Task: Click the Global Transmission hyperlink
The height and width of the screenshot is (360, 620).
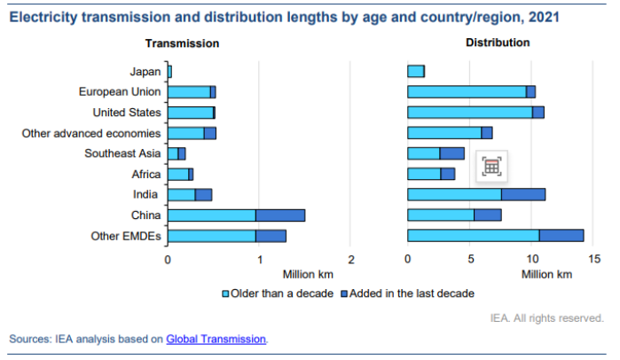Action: coord(216,339)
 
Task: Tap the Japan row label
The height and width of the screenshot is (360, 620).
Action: coord(145,71)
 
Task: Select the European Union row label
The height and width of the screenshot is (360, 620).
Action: coord(120,91)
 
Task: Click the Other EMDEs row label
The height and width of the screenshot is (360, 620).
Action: coord(126,236)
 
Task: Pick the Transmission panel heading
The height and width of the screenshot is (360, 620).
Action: coord(183,43)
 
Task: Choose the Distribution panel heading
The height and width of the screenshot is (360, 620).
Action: coord(497,43)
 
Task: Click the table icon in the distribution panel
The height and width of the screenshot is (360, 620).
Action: coord(492,166)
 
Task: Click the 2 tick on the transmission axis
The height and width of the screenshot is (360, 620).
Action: coord(351,260)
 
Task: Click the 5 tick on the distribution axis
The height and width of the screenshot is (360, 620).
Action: coord(470,260)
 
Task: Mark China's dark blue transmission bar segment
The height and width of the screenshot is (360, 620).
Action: coord(280,215)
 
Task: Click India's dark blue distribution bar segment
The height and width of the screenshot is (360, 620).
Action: coord(523,194)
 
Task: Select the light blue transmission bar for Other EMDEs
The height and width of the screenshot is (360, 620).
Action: coord(212,236)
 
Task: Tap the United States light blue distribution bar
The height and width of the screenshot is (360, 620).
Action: coord(469,112)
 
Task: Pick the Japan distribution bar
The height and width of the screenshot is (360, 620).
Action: coord(415,71)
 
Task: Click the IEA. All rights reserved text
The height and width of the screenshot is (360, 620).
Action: coord(547,317)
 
